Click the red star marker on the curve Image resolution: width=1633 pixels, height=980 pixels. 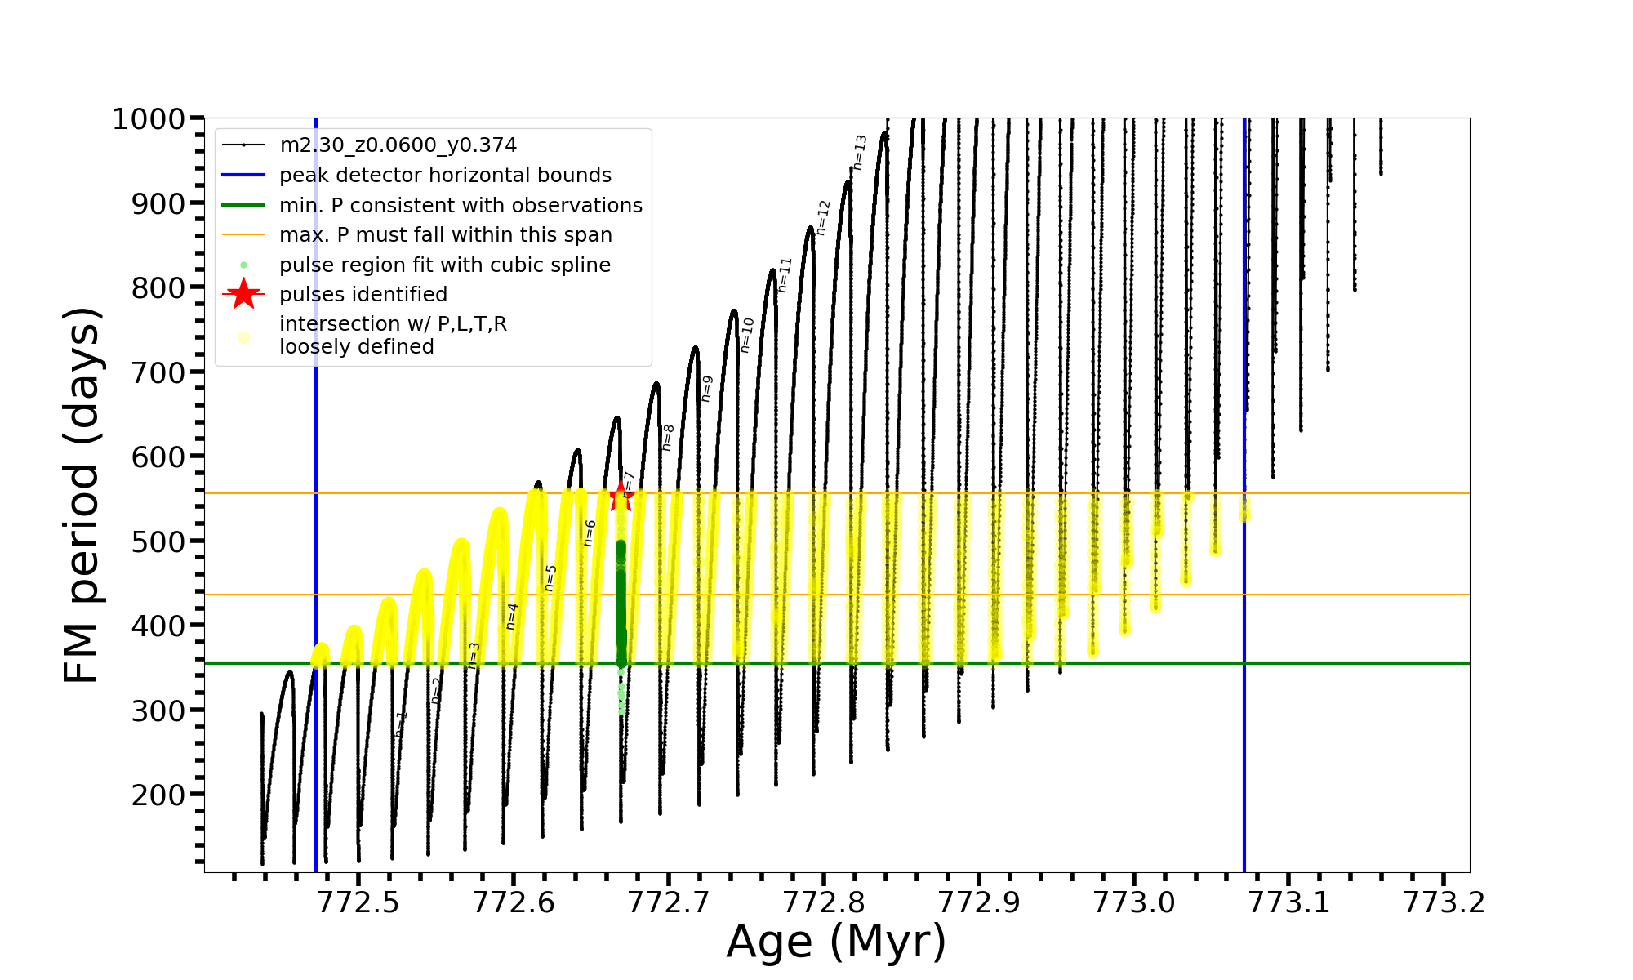621,495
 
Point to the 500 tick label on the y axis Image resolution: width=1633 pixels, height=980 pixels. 158,541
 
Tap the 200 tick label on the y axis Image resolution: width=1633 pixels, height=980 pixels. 158,795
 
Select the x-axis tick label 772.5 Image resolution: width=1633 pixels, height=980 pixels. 358,902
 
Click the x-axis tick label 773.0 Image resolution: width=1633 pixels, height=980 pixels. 1133,902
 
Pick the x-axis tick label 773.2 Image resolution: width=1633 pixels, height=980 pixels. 1444,902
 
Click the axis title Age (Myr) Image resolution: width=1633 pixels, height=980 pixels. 836,942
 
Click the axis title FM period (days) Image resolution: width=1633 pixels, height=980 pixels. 82,495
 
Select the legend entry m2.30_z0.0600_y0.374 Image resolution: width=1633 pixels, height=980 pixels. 398,145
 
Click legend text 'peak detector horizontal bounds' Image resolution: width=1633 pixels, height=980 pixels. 445,176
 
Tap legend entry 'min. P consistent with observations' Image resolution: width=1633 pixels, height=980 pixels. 461,206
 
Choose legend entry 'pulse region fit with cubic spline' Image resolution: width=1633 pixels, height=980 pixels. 444,265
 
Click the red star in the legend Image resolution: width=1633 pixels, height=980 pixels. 243,294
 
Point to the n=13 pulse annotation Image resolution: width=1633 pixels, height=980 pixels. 860,153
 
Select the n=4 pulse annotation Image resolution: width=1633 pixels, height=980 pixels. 512,617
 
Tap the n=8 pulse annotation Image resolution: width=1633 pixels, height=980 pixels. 668,438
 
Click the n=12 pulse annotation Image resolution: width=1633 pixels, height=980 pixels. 823,217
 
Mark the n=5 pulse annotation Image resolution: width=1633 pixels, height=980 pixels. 551,578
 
